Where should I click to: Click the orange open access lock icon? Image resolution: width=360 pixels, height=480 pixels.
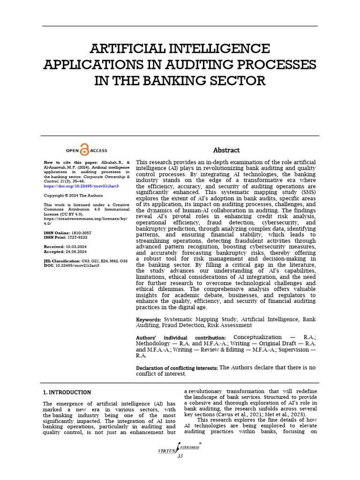pos(84,150)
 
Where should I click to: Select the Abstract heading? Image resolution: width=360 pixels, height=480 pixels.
pos(226,150)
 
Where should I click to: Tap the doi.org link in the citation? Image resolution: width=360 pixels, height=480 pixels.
pos(81,186)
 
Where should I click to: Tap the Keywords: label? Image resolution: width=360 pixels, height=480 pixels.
pos(149,319)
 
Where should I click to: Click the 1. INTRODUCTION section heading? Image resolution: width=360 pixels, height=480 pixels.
pos(67,392)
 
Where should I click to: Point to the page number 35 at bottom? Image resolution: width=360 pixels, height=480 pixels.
pos(180,457)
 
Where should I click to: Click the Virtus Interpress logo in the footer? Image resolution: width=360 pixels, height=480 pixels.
pos(180,449)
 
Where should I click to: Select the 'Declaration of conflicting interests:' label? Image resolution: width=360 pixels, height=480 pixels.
pos(177,368)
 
